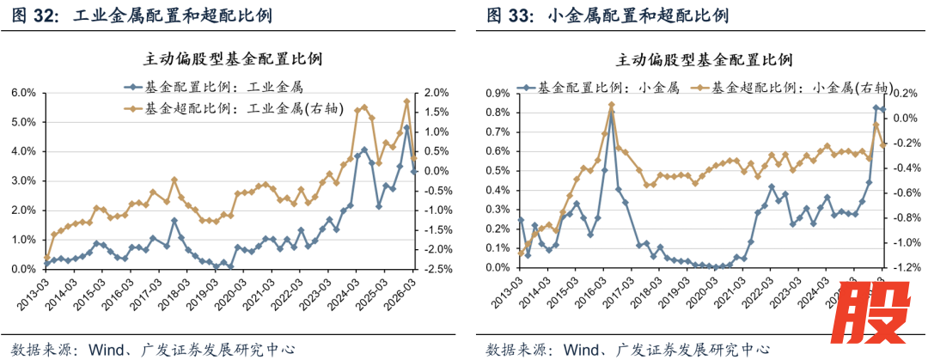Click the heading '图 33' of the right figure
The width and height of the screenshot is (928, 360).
505,15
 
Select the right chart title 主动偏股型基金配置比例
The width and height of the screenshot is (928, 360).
704,60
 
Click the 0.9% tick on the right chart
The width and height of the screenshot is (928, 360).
497,93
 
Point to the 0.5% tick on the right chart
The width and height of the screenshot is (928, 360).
497,171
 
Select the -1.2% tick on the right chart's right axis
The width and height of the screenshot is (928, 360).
909,268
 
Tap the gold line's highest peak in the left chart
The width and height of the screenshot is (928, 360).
406,101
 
